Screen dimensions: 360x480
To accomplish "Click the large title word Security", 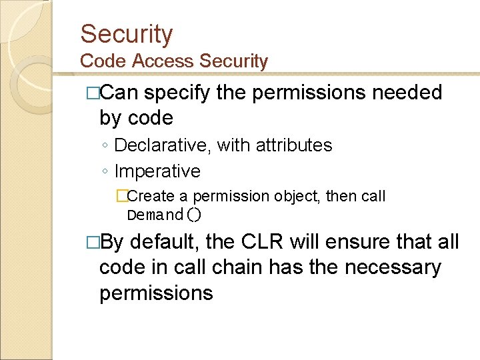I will [x=126, y=34].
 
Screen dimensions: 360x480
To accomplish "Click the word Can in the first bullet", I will [x=119, y=93].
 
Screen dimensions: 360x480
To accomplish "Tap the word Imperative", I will [x=157, y=171].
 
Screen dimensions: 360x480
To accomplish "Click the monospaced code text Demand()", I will [x=164, y=215].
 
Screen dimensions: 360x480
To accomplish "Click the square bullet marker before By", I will [x=93, y=241].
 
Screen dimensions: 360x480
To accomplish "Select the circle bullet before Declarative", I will [x=105, y=145].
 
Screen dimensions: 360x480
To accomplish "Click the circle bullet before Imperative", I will [x=105, y=172].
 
